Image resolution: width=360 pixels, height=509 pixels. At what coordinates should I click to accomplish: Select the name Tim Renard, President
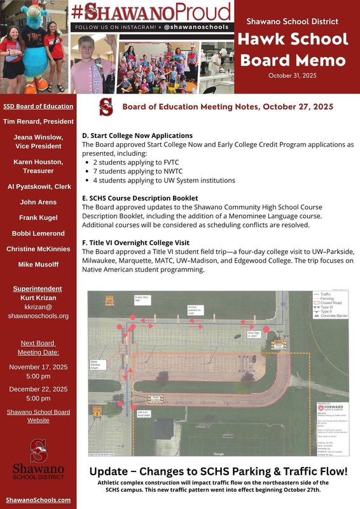pos(38,121)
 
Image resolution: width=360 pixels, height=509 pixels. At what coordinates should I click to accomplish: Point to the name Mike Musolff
pos(38,263)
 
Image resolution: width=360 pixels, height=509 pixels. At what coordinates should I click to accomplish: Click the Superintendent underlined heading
pos(38,289)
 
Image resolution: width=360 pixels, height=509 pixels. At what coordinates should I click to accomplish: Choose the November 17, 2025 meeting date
pos(38,367)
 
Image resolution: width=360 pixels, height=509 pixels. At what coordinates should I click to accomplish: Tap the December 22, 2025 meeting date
pos(38,389)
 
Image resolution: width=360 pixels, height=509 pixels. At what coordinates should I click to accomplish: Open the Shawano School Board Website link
pos(38,416)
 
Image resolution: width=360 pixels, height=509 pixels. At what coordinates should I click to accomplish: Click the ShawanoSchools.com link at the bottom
pos(38,500)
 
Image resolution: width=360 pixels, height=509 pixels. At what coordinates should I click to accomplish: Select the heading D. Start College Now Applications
pos(137,136)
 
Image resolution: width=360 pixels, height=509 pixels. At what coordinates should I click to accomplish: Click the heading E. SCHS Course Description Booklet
pos(140,198)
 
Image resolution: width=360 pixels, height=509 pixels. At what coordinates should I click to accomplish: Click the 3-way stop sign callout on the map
pos(142,299)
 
